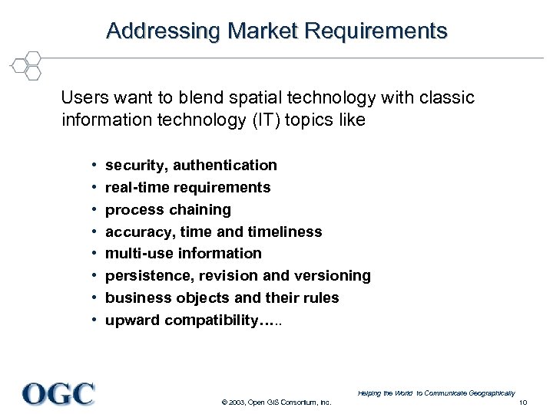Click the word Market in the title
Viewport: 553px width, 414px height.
pyautogui.click(x=261, y=31)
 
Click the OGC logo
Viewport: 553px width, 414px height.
pyautogui.click(x=58, y=393)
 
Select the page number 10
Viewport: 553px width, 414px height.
pyautogui.click(x=523, y=402)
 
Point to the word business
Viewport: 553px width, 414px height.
pyautogui.click(x=135, y=297)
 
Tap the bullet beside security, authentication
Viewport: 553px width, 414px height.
pyautogui.click(x=92, y=166)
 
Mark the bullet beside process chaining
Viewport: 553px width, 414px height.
pyautogui.click(x=92, y=210)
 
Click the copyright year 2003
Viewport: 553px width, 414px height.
pyautogui.click(x=236, y=402)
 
